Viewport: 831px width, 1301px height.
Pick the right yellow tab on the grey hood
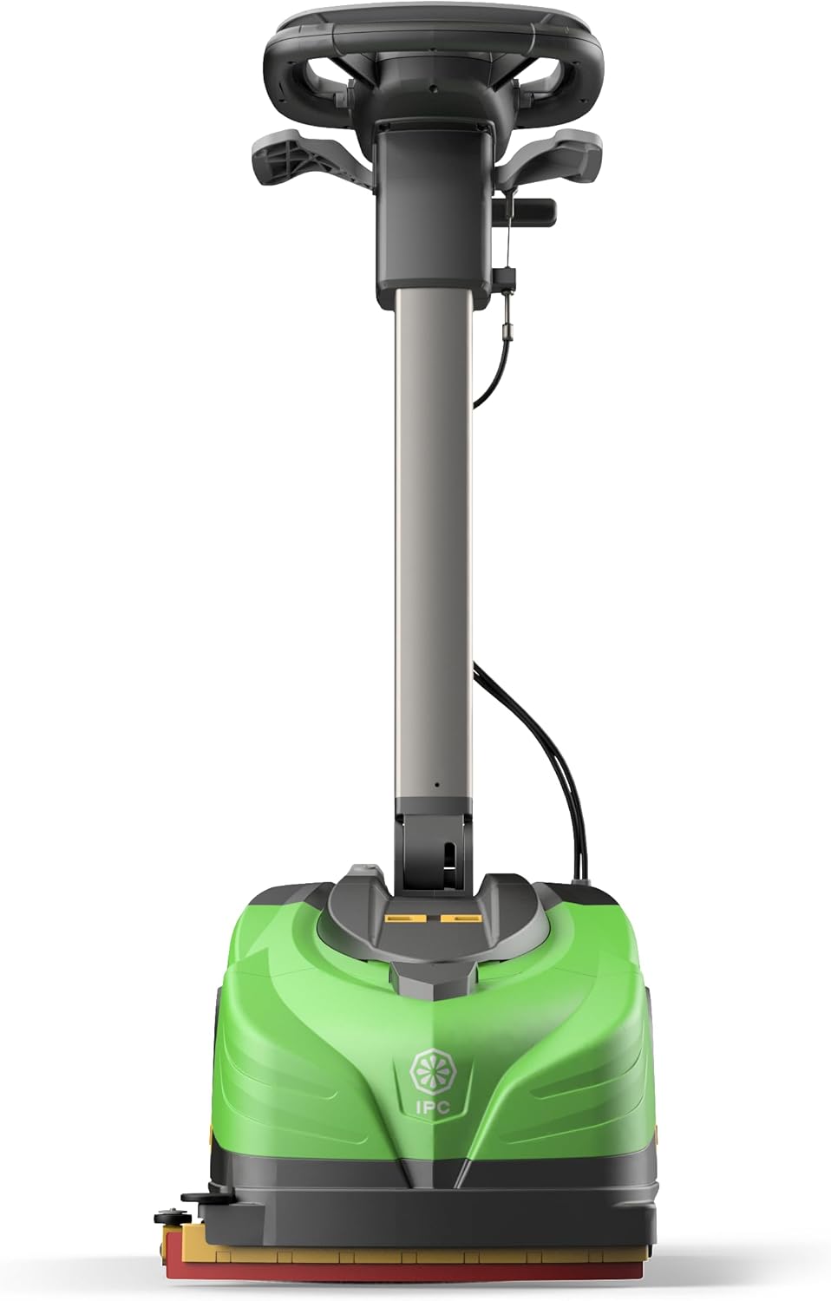coord(460,916)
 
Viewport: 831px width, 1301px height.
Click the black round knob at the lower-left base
coord(186,1222)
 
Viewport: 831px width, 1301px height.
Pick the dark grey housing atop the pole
coord(430,217)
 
